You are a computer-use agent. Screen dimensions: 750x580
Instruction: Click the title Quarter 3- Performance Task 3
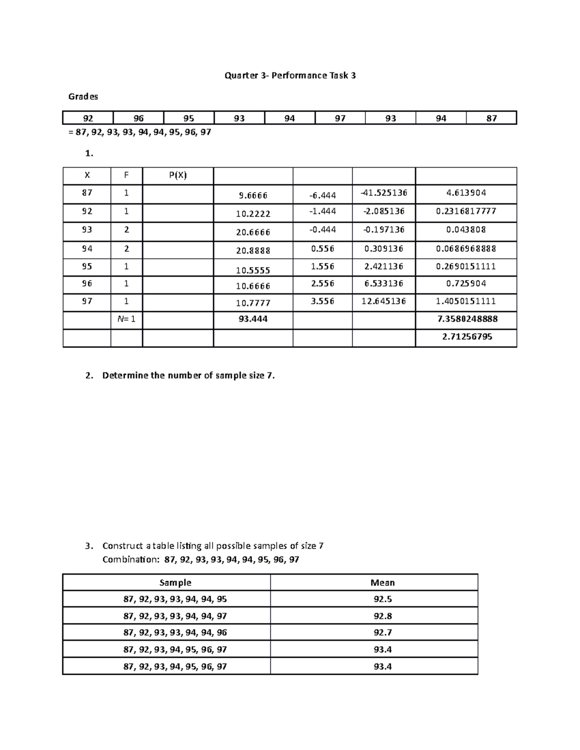coord(290,75)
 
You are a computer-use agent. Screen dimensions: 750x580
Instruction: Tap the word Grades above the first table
coord(83,97)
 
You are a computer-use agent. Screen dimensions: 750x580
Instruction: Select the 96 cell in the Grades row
coord(139,118)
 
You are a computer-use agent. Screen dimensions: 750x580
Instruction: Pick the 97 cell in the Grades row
coord(340,118)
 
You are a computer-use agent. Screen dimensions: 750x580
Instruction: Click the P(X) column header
coord(177,176)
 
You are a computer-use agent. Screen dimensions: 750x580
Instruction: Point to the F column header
coord(127,176)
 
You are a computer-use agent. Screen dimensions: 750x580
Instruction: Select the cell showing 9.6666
coord(253,196)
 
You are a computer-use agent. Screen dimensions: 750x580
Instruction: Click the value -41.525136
coord(384,193)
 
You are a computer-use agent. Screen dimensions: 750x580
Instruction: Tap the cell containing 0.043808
coord(466,230)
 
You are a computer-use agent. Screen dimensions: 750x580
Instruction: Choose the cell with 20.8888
coord(253,251)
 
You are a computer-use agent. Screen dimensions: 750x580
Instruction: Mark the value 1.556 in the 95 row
coord(322,266)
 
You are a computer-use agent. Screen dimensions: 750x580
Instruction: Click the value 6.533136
coord(384,283)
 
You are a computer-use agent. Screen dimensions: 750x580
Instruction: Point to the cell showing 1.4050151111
coord(466,301)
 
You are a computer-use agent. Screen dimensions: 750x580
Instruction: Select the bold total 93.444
coord(253,319)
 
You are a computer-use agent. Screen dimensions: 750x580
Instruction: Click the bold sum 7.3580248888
coord(466,319)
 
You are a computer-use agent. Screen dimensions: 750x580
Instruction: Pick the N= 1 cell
coord(127,319)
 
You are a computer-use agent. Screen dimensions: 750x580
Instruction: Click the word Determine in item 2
coord(125,376)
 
